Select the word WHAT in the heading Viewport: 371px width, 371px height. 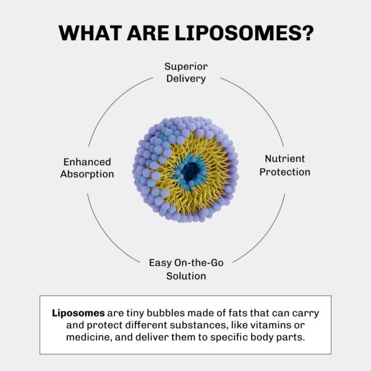(87, 33)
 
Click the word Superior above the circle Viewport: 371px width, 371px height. (185, 66)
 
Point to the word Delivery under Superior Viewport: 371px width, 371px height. (185, 79)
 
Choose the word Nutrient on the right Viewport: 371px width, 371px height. (284, 158)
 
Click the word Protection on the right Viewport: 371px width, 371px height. (284, 171)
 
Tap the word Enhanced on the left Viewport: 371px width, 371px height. (87, 161)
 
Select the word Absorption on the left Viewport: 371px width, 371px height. (87, 174)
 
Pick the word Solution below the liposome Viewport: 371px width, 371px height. (185, 276)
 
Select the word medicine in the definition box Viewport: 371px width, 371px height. (89, 338)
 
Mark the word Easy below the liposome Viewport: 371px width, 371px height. (160, 262)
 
